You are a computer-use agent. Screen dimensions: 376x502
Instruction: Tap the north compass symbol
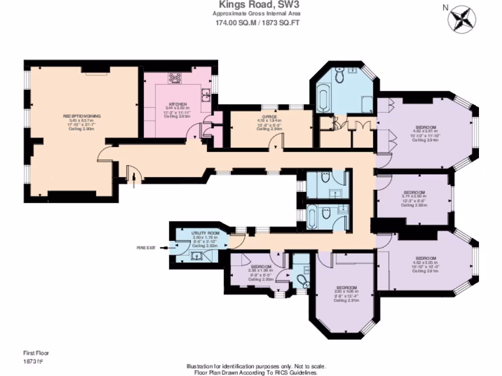[462, 18]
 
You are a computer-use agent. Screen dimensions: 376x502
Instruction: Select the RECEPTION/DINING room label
[82, 116]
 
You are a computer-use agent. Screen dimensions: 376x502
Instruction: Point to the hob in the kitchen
[175, 78]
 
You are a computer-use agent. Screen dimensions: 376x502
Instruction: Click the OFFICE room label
[270, 117]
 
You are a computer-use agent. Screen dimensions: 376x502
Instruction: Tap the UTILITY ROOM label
[198, 233]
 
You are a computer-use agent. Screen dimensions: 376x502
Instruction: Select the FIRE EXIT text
[146, 248]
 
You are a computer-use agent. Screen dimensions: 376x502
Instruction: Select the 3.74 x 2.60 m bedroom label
[415, 193]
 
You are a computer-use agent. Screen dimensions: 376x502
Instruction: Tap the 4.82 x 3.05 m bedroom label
[426, 258]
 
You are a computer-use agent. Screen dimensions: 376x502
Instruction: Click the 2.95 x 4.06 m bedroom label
[346, 288]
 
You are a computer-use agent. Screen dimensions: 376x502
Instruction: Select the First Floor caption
[36, 352]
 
